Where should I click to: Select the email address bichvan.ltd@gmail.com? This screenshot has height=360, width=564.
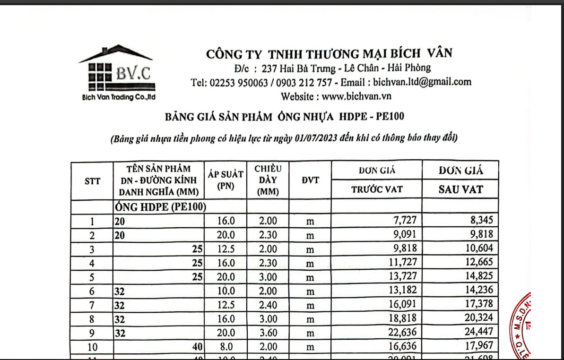point(422,82)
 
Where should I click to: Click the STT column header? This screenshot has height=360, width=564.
point(92,180)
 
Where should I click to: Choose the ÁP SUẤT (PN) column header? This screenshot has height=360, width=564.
point(226,180)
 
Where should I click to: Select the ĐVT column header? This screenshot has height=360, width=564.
point(310,180)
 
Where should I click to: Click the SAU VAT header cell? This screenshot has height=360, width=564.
point(460,189)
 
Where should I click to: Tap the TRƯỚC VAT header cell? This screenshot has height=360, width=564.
point(376,190)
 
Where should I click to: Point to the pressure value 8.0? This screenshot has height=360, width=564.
point(226,347)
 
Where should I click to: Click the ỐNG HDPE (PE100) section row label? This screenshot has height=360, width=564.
point(159,206)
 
